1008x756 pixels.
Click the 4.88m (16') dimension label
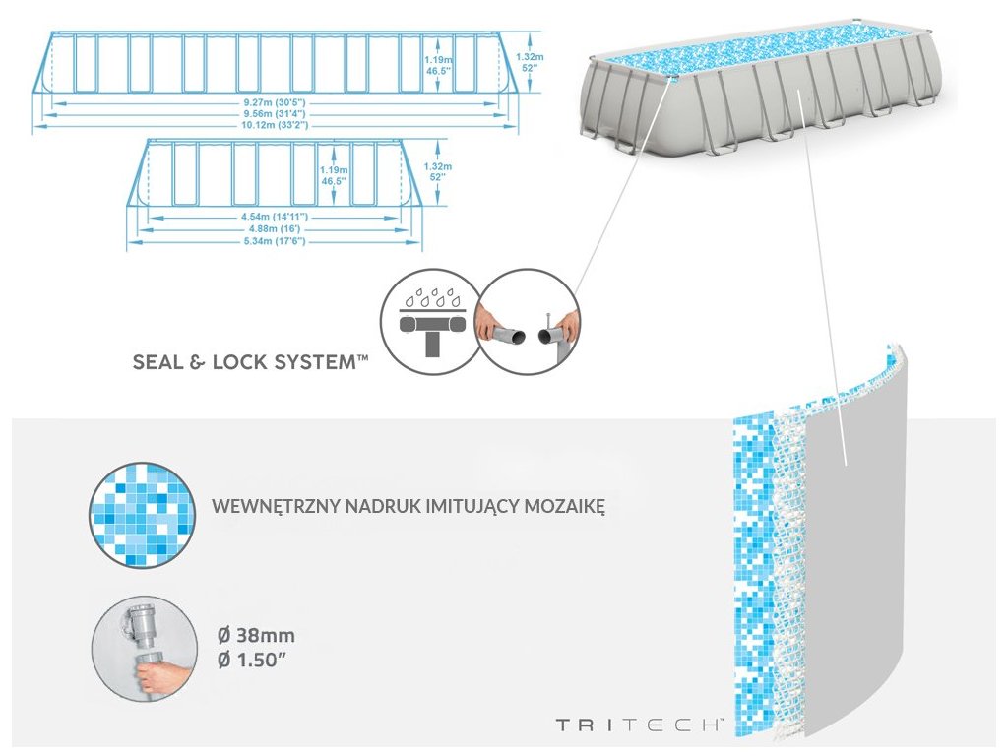click(273, 227)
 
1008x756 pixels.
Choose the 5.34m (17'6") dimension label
click(273, 240)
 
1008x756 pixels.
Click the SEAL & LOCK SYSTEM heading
click(251, 362)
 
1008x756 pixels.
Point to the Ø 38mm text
click(256, 635)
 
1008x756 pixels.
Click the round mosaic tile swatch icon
click(140, 514)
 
